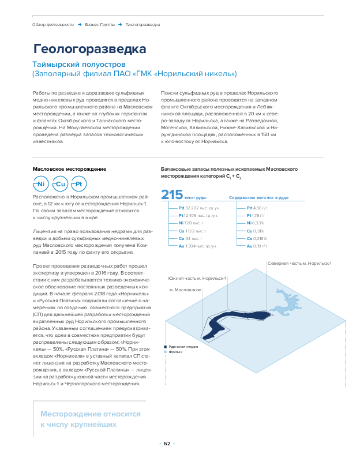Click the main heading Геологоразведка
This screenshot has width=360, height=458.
point(89,48)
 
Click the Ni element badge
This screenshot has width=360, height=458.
point(40,184)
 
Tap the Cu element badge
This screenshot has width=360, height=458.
point(61,184)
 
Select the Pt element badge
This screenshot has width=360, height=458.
point(80,184)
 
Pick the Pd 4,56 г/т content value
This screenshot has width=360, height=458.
point(257,208)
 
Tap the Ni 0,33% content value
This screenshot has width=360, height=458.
point(255,223)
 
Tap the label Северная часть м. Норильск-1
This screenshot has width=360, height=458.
point(299,263)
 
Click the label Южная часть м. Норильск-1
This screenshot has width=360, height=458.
point(197,278)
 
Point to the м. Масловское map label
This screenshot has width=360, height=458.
point(185,288)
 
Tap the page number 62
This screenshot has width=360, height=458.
point(167,444)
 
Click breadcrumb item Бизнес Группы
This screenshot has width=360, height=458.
point(99,25)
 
